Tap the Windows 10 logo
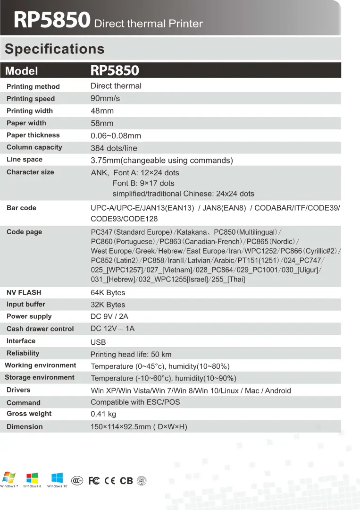click(x=57, y=478)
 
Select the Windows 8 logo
click(x=32, y=478)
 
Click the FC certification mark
click(x=94, y=481)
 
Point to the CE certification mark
click(x=110, y=481)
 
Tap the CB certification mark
click(x=126, y=481)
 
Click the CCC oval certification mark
click(x=78, y=481)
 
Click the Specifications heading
click(x=55, y=49)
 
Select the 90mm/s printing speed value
click(x=105, y=99)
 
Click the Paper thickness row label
click(x=33, y=135)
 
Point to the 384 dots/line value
click(x=114, y=148)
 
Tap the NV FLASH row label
click(x=24, y=292)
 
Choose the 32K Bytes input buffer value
click(x=108, y=305)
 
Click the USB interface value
click(x=98, y=342)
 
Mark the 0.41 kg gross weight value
click(x=103, y=414)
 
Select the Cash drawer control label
click(x=40, y=329)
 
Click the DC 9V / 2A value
click(x=109, y=316)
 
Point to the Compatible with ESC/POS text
click(x=135, y=402)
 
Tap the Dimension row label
click(x=25, y=426)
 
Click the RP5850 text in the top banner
click(x=52, y=21)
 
